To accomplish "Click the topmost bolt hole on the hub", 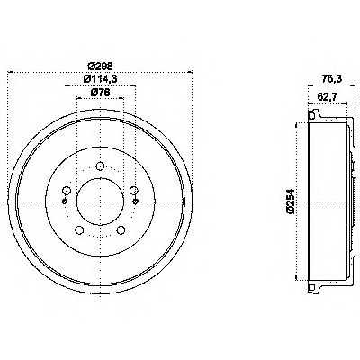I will (x=99, y=166).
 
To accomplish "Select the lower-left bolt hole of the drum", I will (x=79, y=230).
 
